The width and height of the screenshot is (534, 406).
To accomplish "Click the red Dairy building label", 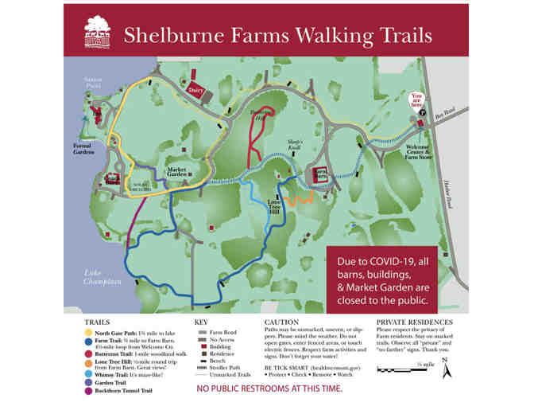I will pyautogui.click(x=195, y=91).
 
